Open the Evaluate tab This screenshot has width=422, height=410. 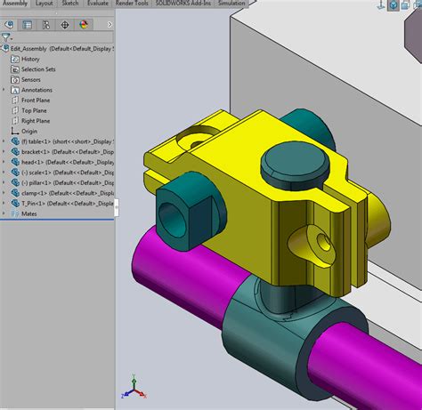coord(98,4)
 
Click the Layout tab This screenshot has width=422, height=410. coord(44,4)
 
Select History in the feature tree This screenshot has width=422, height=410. coord(30,59)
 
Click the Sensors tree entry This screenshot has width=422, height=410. coord(30,79)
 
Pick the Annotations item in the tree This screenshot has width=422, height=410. coord(36,90)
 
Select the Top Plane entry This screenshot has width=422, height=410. coord(34,110)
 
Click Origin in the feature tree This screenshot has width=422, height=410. coord(29,131)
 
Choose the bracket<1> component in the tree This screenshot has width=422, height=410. coord(45,151)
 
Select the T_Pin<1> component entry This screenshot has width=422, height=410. coord(45,203)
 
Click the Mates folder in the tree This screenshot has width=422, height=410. coord(28,213)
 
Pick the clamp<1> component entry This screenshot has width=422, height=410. coord(45,193)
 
